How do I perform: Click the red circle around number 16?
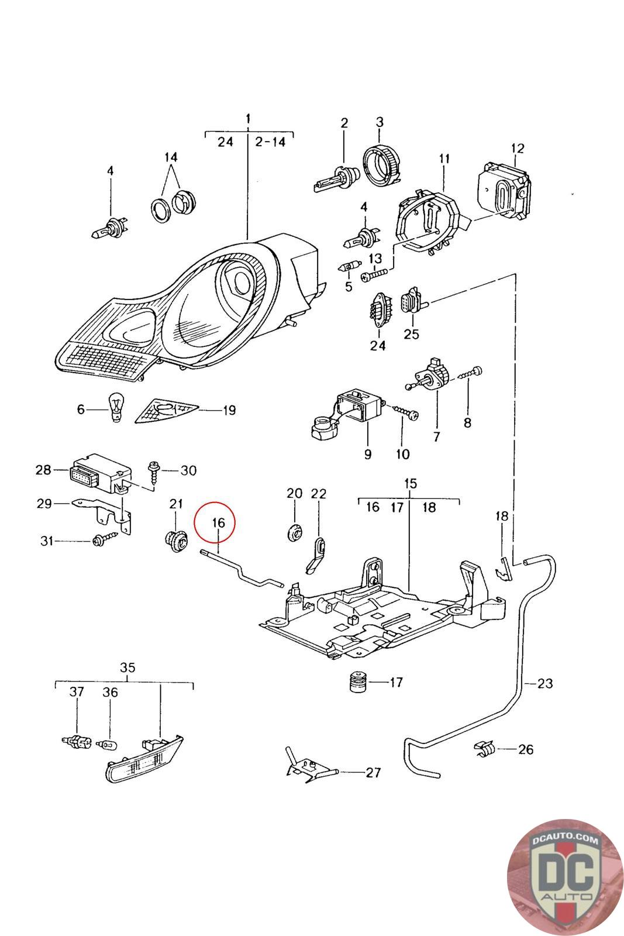point(214,522)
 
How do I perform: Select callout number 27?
point(373,772)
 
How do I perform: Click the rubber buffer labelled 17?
point(357,682)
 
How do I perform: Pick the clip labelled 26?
point(485,748)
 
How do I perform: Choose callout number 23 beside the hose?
point(544,683)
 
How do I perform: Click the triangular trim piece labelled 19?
point(166,409)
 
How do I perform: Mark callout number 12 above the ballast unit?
point(518,148)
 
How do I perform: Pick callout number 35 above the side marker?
point(127,667)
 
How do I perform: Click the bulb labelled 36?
point(108,744)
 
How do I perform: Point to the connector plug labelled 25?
point(411,301)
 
